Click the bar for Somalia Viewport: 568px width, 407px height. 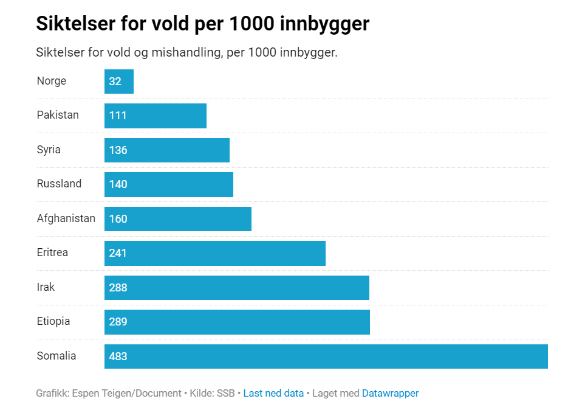326,357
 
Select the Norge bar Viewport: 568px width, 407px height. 119,82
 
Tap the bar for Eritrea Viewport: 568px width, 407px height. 215,253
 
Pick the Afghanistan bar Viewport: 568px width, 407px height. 178,219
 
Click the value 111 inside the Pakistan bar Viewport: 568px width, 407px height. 118,116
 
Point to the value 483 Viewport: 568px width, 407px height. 118,357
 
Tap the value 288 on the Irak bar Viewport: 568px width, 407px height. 118,288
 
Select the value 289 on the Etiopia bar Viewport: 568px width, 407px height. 118,322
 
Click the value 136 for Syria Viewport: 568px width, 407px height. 118,150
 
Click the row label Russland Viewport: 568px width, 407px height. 59,184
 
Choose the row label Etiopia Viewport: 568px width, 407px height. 53,321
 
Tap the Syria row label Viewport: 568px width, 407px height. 49,150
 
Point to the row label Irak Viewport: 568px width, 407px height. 46,287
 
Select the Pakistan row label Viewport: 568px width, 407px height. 58,115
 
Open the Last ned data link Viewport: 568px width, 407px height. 273,393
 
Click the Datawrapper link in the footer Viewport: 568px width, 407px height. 390,393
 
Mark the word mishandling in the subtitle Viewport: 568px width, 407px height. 185,52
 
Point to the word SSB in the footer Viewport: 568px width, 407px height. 226,393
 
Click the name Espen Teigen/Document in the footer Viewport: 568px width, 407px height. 126,393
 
